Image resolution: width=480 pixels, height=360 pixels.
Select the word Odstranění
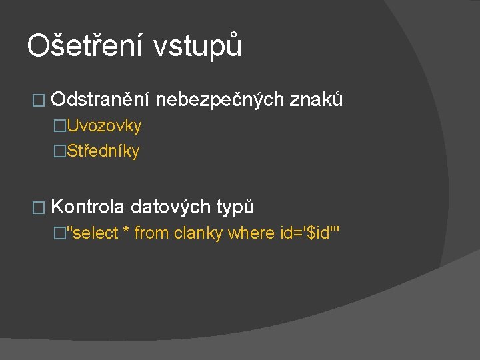point(102,100)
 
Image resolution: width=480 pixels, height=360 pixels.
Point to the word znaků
point(317,100)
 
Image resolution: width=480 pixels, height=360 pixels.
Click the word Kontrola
point(87,207)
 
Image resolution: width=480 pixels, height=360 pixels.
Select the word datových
point(170,207)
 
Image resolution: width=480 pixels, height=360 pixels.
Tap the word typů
point(235,207)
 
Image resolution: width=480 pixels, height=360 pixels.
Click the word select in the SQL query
point(94,233)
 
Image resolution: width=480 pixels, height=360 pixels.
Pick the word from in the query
point(151,233)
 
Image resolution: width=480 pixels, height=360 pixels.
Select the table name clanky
point(198,233)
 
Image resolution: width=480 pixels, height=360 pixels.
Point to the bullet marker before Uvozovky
point(60,126)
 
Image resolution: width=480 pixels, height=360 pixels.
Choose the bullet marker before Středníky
point(60,151)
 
